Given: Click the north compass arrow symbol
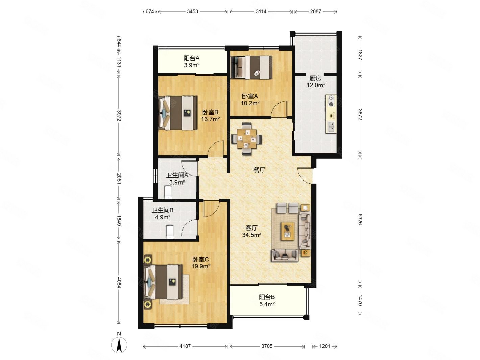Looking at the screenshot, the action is (x=119, y=345).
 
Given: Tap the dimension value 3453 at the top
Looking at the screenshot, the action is (x=192, y=11).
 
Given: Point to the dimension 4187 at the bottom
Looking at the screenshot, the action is (x=185, y=346).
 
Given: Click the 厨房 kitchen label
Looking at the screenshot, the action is (x=315, y=78).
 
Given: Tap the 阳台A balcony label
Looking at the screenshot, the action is (x=191, y=58).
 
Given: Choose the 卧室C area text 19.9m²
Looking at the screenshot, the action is (x=201, y=266).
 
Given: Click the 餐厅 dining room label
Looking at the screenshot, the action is (x=259, y=170).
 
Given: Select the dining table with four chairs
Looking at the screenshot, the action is (x=247, y=139).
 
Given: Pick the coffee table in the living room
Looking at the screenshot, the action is (x=288, y=231).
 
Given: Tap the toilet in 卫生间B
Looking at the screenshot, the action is (x=170, y=232).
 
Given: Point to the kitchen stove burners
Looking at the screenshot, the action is (x=331, y=101).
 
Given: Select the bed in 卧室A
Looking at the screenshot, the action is (x=251, y=67).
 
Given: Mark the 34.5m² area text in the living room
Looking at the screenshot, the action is (x=251, y=235).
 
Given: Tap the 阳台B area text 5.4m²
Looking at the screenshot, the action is (x=267, y=304).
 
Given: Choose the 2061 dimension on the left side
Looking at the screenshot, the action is (x=119, y=178).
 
